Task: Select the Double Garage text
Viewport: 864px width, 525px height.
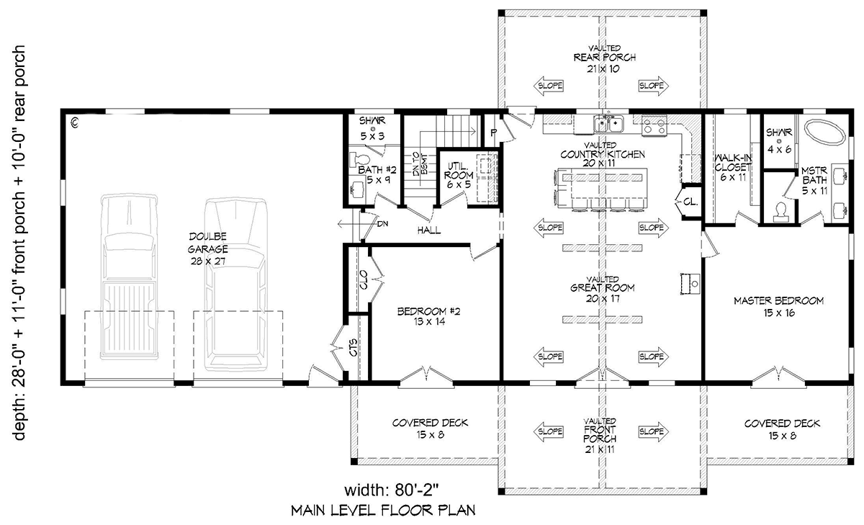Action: [208, 243]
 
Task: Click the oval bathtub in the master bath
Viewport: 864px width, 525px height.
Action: [824, 133]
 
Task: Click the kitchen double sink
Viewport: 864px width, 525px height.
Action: [608, 123]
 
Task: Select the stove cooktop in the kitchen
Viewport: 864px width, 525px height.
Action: [654, 125]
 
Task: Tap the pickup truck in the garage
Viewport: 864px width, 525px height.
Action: [130, 277]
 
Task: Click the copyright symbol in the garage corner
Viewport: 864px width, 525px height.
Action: [75, 123]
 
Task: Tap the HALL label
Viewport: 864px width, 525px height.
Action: [429, 230]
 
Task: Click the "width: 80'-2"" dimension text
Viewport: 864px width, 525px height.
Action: [392, 490]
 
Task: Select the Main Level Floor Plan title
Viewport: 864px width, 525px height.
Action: [383, 511]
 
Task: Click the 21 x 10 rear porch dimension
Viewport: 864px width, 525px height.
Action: [604, 69]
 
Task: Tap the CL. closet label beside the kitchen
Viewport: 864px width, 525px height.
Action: [690, 202]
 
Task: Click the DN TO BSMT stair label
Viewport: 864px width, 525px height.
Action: [420, 163]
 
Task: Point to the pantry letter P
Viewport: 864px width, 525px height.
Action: [493, 133]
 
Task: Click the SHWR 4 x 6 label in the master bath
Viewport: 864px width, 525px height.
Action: [779, 140]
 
